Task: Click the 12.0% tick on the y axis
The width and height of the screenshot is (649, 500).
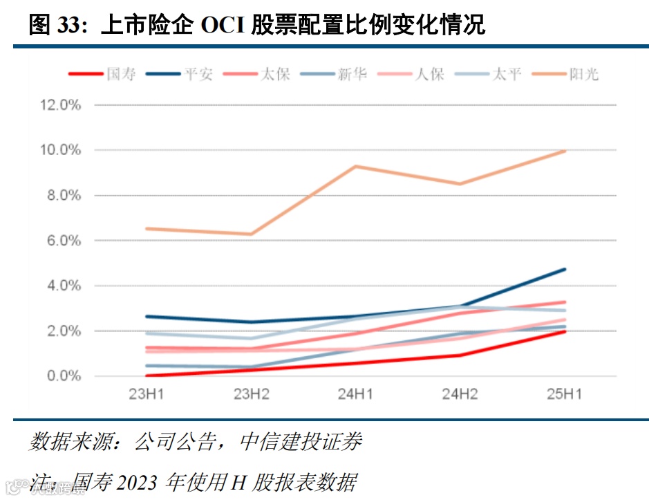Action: (61, 105)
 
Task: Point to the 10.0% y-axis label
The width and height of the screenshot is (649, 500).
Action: (61, 150)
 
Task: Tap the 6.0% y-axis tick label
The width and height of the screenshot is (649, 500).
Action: (64, 241)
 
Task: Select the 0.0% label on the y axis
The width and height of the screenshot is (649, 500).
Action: (64, 376)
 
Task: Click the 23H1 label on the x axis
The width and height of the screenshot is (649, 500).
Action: (147, 395)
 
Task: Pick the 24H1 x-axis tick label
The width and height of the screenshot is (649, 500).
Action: (356, 395)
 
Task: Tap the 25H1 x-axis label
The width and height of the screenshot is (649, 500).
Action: (564, 395)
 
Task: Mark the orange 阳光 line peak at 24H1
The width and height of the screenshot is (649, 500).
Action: (356, 166)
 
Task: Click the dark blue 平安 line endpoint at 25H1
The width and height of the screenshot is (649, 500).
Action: (565, 269)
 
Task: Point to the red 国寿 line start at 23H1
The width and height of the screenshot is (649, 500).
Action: (147, 376)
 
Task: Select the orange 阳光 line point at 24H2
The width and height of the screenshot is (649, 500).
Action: (460, 184)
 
